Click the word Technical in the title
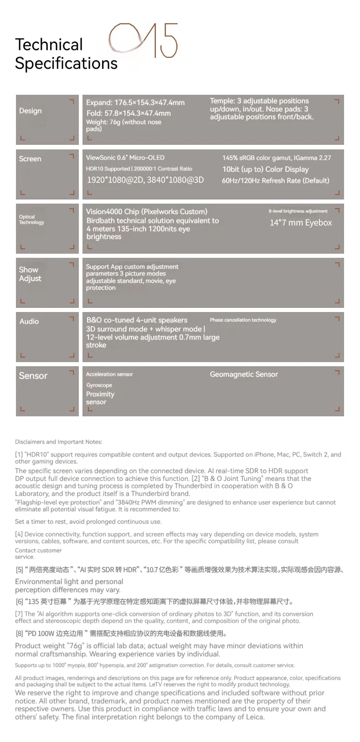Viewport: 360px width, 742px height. [x=49, y=45]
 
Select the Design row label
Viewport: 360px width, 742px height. [x=30, y=111]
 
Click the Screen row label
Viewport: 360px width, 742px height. [x=30, y=159]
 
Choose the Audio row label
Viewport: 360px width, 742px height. [x=29, y=321]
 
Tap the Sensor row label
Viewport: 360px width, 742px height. [x=33, y=376]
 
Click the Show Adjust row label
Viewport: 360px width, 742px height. [x=30, y=274]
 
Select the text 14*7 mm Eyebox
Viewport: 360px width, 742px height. [x=301, y=223]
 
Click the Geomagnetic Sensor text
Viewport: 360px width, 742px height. [x=244, y=374]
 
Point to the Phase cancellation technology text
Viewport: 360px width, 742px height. [x=243, y=320]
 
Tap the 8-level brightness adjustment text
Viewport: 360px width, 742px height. [x=298, y=211]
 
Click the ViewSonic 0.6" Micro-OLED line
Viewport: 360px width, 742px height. [x=125, y=158]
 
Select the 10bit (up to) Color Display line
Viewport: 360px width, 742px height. [x=265, y=169]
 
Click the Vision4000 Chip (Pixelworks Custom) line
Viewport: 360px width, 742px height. [x=147, y=211]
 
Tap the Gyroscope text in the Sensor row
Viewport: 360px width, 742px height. [x=99, y=385]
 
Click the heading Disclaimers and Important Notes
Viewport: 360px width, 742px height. [x=59, y=442]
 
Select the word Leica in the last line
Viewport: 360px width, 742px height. [x=253, y=717]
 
